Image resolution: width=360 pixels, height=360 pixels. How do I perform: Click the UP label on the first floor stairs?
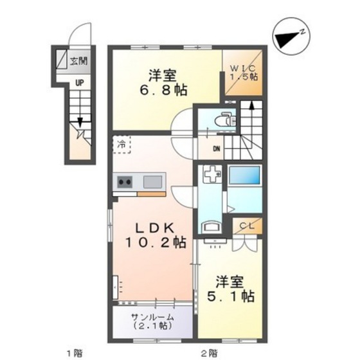click(78, 82)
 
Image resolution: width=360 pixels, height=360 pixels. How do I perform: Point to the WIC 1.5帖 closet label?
click(244, 71)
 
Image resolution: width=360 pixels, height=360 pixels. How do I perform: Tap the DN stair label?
click(218, 150)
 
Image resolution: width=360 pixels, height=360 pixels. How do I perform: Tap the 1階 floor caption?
click(75, 352)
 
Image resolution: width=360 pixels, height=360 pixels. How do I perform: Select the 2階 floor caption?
click(208, 352)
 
